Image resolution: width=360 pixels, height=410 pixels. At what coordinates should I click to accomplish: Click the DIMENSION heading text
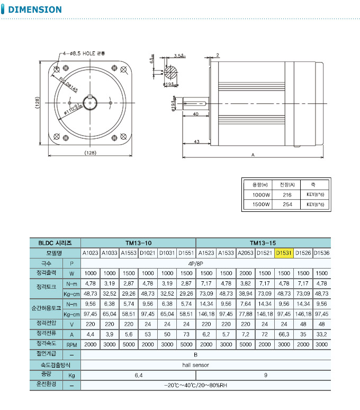pos(35,10)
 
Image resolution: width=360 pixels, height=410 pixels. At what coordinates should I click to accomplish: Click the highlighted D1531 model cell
pos(284,253)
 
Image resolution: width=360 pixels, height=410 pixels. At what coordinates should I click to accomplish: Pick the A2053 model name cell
pos(245,253)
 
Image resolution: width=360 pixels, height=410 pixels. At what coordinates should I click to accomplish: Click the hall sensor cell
pos(206,365)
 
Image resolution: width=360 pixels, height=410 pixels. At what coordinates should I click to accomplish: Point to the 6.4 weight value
pos(138,375)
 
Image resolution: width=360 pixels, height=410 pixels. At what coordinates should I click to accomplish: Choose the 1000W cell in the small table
pos(261,194)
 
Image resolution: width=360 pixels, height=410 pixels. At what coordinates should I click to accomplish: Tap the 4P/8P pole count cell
pos(206,263)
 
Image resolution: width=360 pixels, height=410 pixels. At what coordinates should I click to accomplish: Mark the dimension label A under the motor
pos(253,155)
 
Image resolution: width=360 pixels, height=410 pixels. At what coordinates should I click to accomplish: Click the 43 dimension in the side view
pos(196,142)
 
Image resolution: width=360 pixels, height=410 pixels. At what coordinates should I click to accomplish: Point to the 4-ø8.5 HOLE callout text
pos(85,54)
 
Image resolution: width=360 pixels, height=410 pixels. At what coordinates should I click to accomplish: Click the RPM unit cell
pos(71,344)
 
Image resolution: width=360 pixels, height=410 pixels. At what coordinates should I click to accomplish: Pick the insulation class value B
pos(206,354)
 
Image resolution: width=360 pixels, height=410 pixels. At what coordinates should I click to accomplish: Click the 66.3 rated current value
pos(284,334)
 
